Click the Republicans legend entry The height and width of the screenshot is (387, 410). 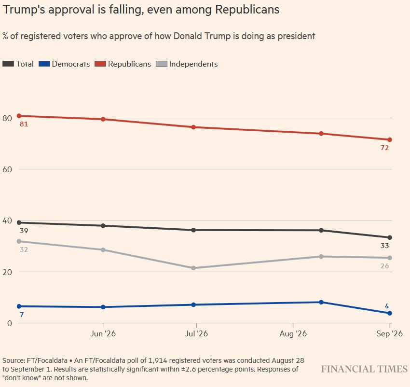pos(123,64)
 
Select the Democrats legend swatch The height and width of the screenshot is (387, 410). pos(44,64)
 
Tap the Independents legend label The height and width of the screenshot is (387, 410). pos(193,64)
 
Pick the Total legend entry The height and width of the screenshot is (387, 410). pos(18,64)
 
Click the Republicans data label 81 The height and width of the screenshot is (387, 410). pos(24,124)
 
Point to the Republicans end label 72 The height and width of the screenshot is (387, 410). pos(384,148)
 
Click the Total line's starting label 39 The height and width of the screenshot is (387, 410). pos(24,231)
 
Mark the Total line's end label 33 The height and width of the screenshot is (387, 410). pos(384,246)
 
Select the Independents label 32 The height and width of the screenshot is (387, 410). pos(24,249)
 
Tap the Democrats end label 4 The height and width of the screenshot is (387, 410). pos(387,306)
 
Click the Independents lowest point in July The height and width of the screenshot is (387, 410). pos(193,268)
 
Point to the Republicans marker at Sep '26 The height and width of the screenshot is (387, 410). pos(390,140)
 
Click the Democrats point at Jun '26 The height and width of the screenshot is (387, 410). pos(103,307)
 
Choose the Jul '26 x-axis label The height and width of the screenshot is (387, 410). pos(196,333)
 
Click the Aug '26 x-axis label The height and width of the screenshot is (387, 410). pos(293,333)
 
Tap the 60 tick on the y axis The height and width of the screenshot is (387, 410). pos(7,169)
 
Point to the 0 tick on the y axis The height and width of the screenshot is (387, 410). pos(10,323)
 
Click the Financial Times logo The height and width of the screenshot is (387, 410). pos(364,369)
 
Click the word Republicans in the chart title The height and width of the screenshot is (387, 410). pos(247,10)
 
